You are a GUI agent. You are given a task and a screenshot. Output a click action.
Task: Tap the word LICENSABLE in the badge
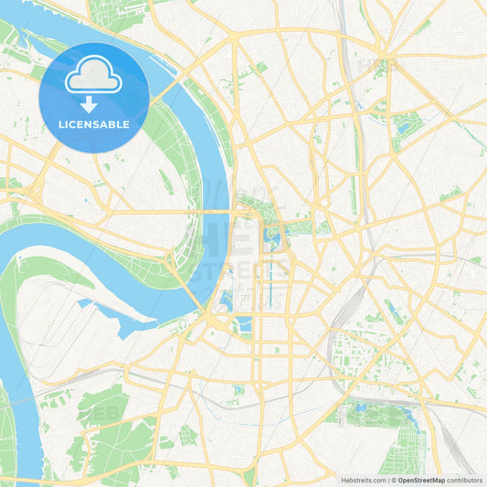(93, 124)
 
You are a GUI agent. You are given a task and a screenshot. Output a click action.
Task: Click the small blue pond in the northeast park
(403, 129)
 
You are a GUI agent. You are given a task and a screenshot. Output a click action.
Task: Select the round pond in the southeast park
(360, 408)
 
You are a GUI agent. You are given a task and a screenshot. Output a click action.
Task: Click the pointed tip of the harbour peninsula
(156, 319)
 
